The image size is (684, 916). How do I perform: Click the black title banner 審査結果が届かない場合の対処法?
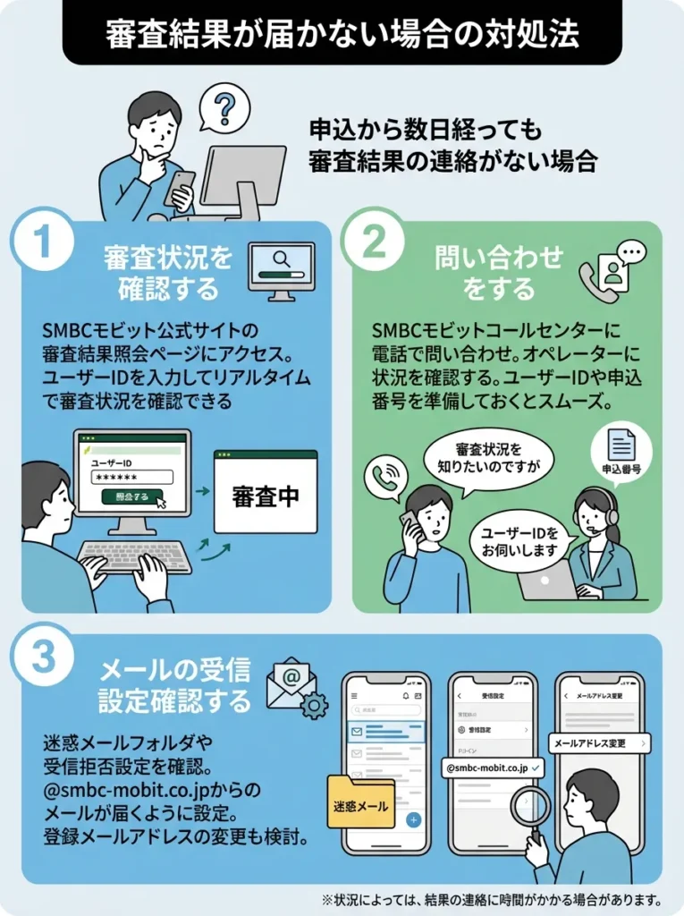[342, 33]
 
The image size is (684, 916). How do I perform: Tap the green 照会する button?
[132, 496]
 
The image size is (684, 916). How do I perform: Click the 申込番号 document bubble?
[621, 452]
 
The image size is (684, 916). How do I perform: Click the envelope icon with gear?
[296, 688]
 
